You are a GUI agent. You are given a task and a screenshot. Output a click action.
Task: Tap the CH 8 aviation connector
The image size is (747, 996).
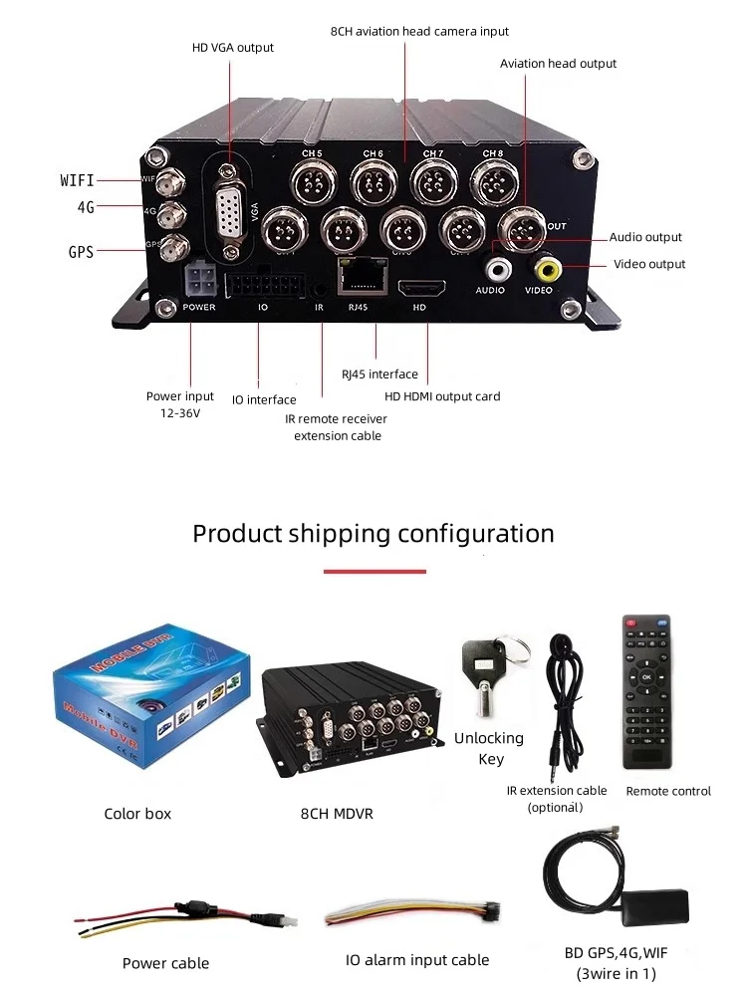(x=492, y=183)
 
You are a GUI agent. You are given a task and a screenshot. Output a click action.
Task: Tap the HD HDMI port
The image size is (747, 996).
(x=422, y=289)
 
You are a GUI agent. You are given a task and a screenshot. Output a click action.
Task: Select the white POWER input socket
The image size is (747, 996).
(x=197, y=280)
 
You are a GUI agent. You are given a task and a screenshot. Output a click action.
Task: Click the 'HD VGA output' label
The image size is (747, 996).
(x=233, y=47)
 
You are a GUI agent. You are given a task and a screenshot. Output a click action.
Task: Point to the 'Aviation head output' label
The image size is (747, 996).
(x=558, y=63)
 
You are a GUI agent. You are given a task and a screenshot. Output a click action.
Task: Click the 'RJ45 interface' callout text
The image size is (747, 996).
(x=379, y=374)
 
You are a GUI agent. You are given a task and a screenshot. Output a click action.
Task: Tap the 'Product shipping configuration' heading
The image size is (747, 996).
(x=373, y=533)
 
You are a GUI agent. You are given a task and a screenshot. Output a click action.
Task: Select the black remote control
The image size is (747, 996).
(x=647, y=691)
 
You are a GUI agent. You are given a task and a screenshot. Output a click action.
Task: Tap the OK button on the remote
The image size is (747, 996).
(x=646, y=677)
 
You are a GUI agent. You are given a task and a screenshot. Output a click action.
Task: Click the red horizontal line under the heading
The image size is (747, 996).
(x=374, y=572)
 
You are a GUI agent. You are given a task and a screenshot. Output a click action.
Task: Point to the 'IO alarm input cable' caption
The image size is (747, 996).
(x=417, y=960)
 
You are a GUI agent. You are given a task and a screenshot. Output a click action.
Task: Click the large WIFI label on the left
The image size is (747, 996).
(x=77, y=180)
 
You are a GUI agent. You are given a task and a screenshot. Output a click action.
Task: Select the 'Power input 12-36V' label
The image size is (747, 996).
(x=180, y=403)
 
